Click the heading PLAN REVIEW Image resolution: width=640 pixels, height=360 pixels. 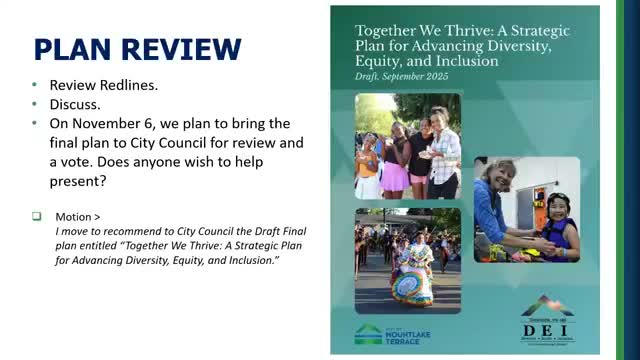[x=138, y=49]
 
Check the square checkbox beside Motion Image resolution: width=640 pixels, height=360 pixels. [x=37, y=215]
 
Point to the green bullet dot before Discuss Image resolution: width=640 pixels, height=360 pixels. [x=37, y=104]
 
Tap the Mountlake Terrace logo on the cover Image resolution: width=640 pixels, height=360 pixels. [x=393, y=334]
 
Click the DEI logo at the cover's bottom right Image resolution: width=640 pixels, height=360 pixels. [x=548, y=320]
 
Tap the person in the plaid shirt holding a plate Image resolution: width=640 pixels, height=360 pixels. [x=444, y=150]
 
